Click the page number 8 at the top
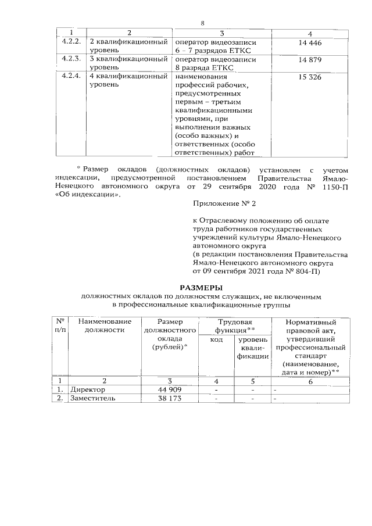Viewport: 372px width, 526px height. pyautogui.click(x=203, y=23)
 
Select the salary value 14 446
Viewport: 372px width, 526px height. pyautogui.click(x=310, y=44)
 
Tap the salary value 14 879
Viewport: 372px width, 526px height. pyautogui.click(x=310, y=60)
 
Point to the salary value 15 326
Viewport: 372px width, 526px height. pyautogui.click(x=310, y=77)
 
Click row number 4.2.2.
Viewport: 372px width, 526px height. pyautogui.click(x=71, y=42)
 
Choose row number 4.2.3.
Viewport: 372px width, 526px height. pyautogui.click(x=71, y=59)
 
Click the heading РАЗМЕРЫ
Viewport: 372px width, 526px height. pyautogui.click(x=201, y=287)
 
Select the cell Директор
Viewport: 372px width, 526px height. pyautogui.click(x=88, y=389)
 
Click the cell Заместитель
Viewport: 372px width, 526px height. pyautogui.click(x=93, y=398)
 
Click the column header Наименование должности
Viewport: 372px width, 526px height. pyautogui.click(x=105, y=325)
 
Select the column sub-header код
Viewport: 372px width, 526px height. pyautogui.click(x=216, y=339)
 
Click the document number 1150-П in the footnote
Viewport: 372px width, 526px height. pyautogui.click(x=333, y=187)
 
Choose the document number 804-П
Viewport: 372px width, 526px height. pyautogui.click(x=311, y=271)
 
